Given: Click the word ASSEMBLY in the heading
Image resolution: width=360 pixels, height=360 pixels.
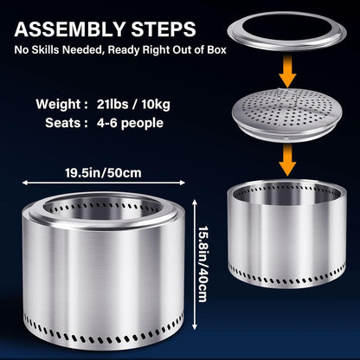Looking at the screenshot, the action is click(x=70, y=29).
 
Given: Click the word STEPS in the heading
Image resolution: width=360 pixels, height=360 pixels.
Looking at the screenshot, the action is click(x=164, y=29).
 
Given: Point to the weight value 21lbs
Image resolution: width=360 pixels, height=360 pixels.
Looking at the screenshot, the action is click(x=112, y=104).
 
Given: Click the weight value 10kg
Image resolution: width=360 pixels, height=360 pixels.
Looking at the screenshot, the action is click(x=156, y=105).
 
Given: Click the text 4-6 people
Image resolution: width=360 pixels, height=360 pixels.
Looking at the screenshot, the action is click(x=130, y=124).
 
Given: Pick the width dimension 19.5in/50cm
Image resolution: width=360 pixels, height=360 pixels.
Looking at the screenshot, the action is click(x=103, y=173).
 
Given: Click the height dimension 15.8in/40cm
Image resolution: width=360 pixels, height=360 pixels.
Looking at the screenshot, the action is click(x=202, y=263).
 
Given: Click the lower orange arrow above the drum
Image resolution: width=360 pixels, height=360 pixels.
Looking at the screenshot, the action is click(x=287, y=160).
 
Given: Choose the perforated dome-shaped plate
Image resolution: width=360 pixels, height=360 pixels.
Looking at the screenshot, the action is click(x=287, y=114).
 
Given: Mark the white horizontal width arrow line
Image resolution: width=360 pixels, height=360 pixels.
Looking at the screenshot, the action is click(x=103, y=183).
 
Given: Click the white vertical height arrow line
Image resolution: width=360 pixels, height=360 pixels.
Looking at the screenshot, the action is click(x=195, y=264).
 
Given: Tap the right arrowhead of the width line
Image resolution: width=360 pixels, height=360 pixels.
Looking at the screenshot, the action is click(x=183, y=183).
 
